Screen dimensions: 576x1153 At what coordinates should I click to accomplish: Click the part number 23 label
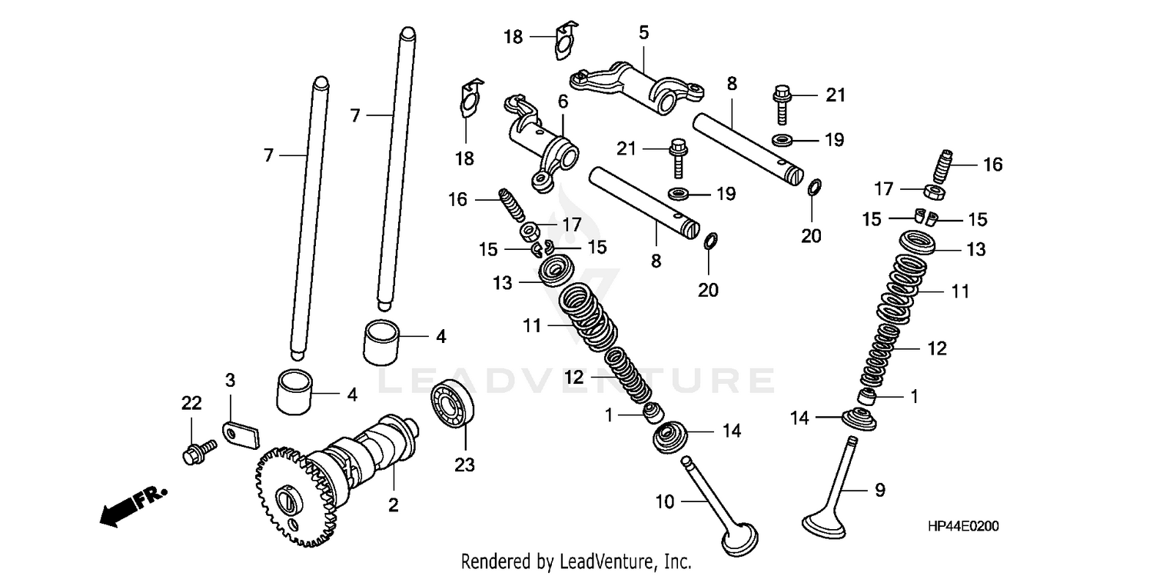464,465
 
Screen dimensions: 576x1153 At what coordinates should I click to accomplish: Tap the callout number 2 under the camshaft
393,505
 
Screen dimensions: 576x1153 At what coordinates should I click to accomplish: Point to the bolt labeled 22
198,451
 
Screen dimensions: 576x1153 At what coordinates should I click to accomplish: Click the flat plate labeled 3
241,435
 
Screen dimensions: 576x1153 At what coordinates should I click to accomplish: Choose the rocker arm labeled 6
546,140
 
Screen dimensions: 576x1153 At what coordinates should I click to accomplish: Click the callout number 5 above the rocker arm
643,32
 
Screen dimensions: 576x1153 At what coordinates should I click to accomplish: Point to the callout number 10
665,502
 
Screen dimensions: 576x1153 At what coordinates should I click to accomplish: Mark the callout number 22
191,403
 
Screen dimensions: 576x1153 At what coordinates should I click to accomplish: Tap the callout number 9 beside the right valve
880,488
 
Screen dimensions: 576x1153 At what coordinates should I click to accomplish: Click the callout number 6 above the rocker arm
563,101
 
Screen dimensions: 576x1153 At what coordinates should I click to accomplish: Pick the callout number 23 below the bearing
464,465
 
